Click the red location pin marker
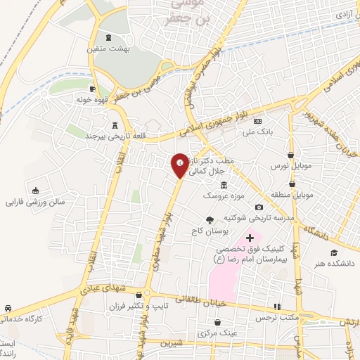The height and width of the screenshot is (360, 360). point(180,164)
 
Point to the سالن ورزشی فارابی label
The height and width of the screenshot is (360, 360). point(35,202)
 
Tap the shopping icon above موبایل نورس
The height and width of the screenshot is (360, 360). point(291,155)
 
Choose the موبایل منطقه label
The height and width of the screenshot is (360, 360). point(288,193)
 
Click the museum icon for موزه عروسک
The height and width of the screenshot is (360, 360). point(224,185)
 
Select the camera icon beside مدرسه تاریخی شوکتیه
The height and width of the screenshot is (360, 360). point(259,207)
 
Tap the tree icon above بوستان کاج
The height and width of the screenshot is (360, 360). point(209,220)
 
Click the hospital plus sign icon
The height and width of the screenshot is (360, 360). point(249,238)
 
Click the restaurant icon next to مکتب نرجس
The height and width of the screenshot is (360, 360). point(277,307)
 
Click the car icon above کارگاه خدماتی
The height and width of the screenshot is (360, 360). point(8,309)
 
